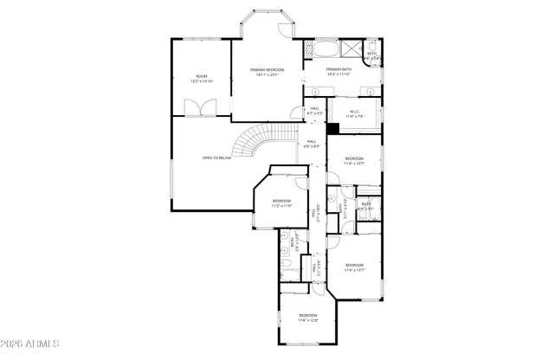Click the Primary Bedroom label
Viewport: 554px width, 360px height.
(267, 72)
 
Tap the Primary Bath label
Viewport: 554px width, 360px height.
(338, 72)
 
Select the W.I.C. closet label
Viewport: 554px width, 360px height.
(355, 113)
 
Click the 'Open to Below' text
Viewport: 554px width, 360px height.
(216, 158)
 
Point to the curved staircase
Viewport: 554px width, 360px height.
(253, 140)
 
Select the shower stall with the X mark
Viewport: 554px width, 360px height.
(351, 49)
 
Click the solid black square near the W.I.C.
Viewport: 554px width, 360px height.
(332, 127)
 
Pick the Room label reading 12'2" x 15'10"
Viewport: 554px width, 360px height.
(201, 80)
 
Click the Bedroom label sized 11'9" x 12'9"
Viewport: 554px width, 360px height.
(308, 317)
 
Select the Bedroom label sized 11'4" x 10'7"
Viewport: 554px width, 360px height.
(355, 160)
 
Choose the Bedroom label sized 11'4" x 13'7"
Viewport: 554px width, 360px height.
(355, 267)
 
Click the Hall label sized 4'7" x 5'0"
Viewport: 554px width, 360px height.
(315, 111)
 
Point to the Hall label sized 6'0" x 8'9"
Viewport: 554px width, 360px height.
(311, 144)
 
